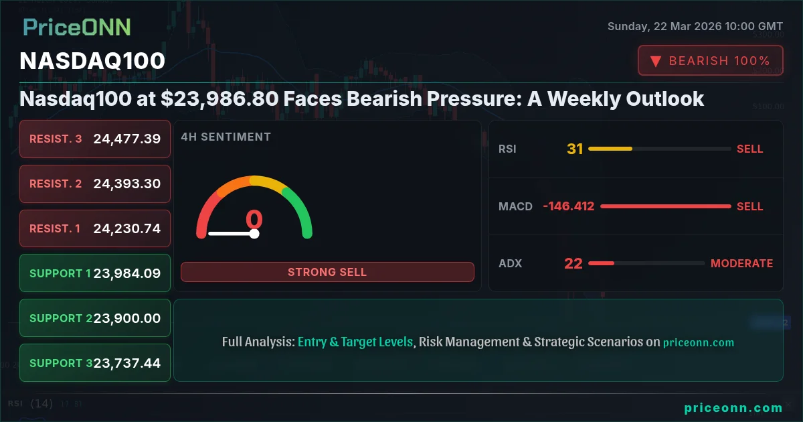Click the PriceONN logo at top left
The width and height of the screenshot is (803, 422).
(x=77, y=27)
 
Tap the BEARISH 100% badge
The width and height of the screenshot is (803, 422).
(x=710, y=60)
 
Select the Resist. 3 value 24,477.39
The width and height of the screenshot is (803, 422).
(x=127, y=139)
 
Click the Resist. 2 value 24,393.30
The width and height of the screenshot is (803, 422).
(x=127, y=184)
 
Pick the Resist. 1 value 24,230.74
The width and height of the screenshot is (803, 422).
(x=127, y=228)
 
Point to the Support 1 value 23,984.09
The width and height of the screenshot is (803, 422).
(x=127, y=273)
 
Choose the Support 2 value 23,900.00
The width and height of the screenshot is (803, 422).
(x=127, y=318)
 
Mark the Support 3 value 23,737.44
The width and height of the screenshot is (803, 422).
(x=127, y=363)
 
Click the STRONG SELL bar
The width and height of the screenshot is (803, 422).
(x=327, y=272)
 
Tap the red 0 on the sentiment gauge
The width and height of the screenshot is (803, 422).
(x=254, y=219)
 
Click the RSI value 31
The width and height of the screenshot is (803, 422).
(x=575, y=149)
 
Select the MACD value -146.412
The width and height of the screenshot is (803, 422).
(x=568, y=206)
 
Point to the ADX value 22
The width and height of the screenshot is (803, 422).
(x=573, y=263)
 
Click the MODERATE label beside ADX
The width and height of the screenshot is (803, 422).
(x=741, y=263)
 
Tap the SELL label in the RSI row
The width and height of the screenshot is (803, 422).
(x=749, y=149)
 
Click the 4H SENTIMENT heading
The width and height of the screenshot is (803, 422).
(x=226, y=137)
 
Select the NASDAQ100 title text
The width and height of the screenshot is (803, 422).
(x=92, y=61)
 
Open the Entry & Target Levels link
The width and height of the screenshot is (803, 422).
(x=355, y=342)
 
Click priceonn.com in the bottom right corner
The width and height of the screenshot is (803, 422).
(x=733, y=407)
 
